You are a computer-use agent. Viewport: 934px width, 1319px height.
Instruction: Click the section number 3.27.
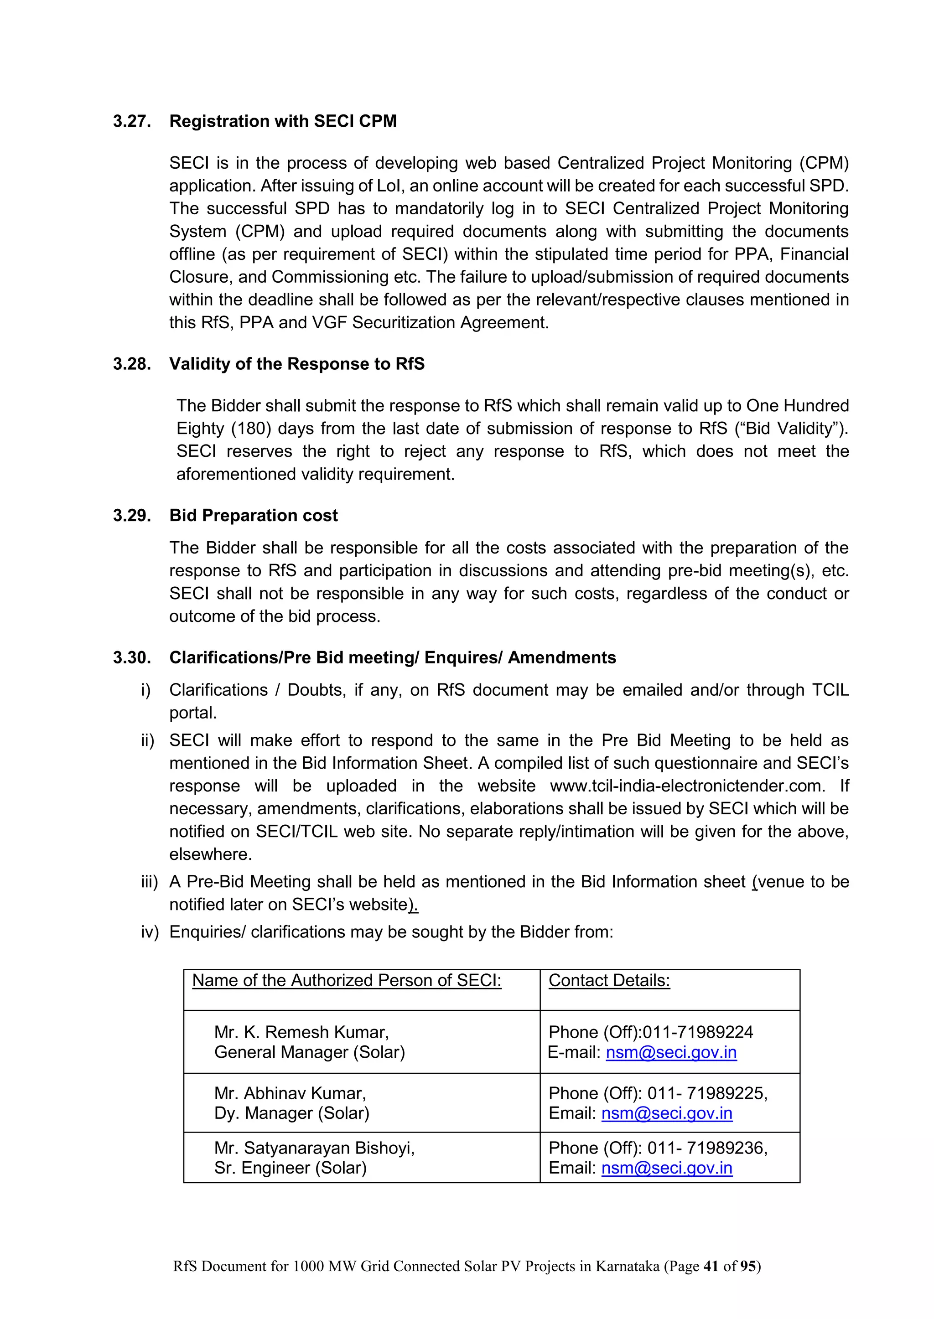pos(132,121)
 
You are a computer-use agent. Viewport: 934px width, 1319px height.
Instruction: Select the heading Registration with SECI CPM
pos(282,121)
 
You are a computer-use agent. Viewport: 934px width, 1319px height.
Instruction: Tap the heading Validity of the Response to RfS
pos(297,364)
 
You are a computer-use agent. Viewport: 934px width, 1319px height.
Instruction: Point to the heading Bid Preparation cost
pos(253,515)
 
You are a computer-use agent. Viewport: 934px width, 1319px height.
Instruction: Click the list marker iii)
pos(150,882)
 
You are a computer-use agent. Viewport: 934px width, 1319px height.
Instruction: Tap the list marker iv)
pos(150,932)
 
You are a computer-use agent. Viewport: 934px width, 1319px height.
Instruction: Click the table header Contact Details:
pos(609,980)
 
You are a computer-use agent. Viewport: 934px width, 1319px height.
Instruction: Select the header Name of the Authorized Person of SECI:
pos(346,980)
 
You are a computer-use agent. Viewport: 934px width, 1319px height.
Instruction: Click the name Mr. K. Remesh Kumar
pos(301,1032)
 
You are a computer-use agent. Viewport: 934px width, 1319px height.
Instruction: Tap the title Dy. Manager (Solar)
pos(291,1113)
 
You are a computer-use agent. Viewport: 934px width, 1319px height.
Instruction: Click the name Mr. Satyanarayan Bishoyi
pos(314,1148)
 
